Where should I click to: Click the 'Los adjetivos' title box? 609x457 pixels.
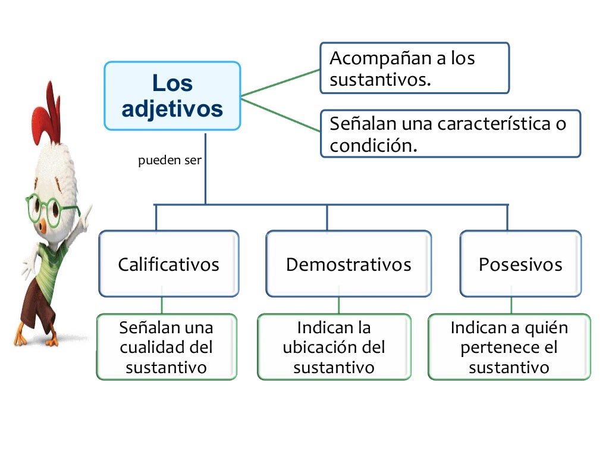172,96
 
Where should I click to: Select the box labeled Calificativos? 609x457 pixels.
168,264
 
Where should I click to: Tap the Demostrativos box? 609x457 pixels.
348,264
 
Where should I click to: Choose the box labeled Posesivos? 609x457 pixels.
520,264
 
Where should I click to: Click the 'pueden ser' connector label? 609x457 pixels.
170,161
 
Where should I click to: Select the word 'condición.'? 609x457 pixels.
373,145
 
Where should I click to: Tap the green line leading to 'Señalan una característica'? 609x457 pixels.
280,114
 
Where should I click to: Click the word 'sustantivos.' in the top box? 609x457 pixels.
379,80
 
